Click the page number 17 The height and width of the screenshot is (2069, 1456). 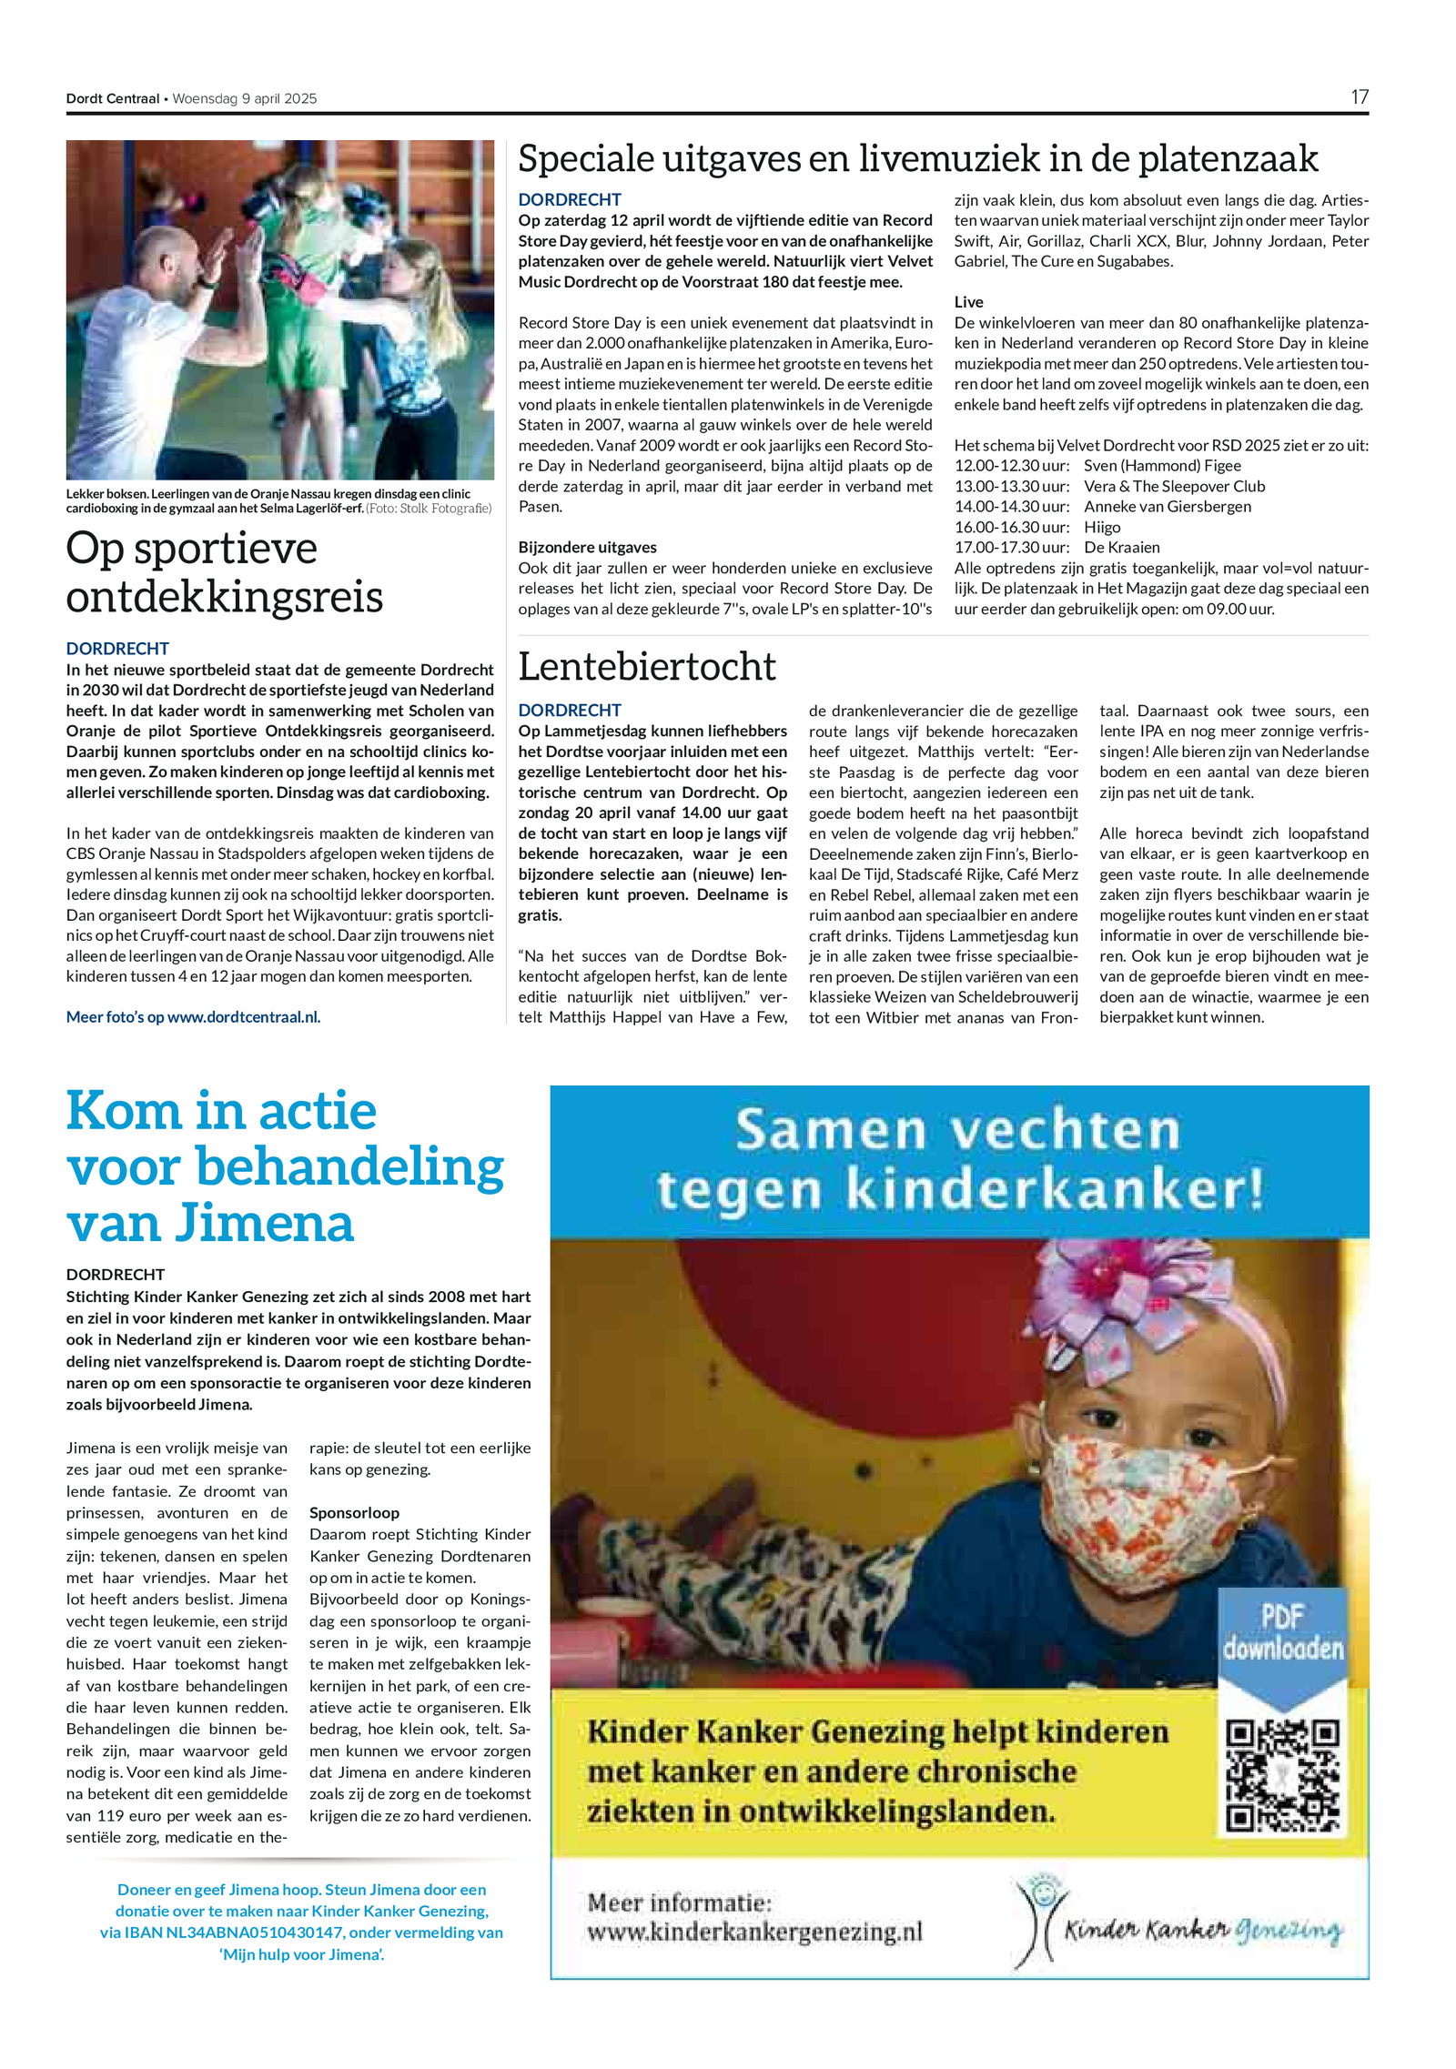1359,97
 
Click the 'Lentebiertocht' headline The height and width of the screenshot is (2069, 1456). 647,667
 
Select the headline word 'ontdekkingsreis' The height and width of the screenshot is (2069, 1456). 225,597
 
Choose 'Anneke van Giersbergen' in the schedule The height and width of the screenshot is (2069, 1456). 1168,507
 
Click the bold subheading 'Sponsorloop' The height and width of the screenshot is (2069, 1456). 354,1512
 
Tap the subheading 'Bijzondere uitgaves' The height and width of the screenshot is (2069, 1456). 587,548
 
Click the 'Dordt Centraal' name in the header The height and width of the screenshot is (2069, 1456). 112,98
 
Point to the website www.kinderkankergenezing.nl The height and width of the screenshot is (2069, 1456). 754,1932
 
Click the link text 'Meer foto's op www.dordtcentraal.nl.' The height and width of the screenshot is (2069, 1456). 193,1017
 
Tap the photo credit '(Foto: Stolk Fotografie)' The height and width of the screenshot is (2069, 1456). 429,509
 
